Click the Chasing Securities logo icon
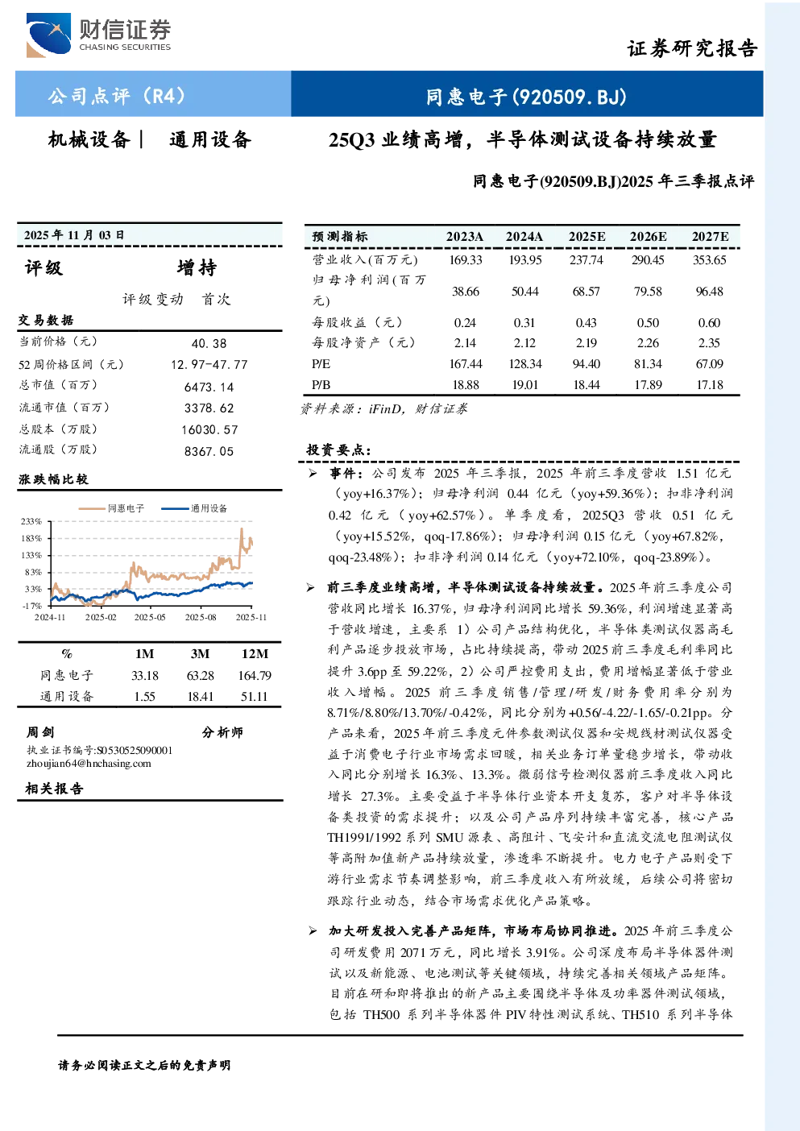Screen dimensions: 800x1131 click(48, 35)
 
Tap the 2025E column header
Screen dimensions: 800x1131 click(587, 236)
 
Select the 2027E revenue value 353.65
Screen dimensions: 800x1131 click(709, 260)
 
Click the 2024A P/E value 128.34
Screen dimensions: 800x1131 click(524, 363)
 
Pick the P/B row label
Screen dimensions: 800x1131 click(321, 385)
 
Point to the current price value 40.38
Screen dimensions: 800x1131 click(209, 343)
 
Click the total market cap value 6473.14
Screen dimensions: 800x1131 click(209, 387)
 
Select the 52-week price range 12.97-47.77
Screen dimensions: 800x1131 click(209, 365)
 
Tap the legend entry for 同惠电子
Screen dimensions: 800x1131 click(112, 508)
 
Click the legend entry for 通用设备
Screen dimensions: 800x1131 click(194, 508)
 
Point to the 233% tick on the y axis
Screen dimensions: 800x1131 click(31, 521)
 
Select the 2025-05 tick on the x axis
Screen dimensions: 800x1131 click(150, 617)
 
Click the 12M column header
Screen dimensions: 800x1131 click(255, 654)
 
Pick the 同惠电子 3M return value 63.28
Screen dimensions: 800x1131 click(200, 676)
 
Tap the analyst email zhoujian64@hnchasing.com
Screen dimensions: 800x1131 click(89, 764)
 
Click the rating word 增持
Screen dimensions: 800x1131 click(197, 267)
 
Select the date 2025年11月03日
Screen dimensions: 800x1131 click(74, 234)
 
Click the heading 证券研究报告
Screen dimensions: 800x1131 click(692, 48)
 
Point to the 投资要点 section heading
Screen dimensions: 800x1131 click(339, 449)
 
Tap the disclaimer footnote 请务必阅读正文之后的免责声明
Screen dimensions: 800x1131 click(144, 1066)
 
